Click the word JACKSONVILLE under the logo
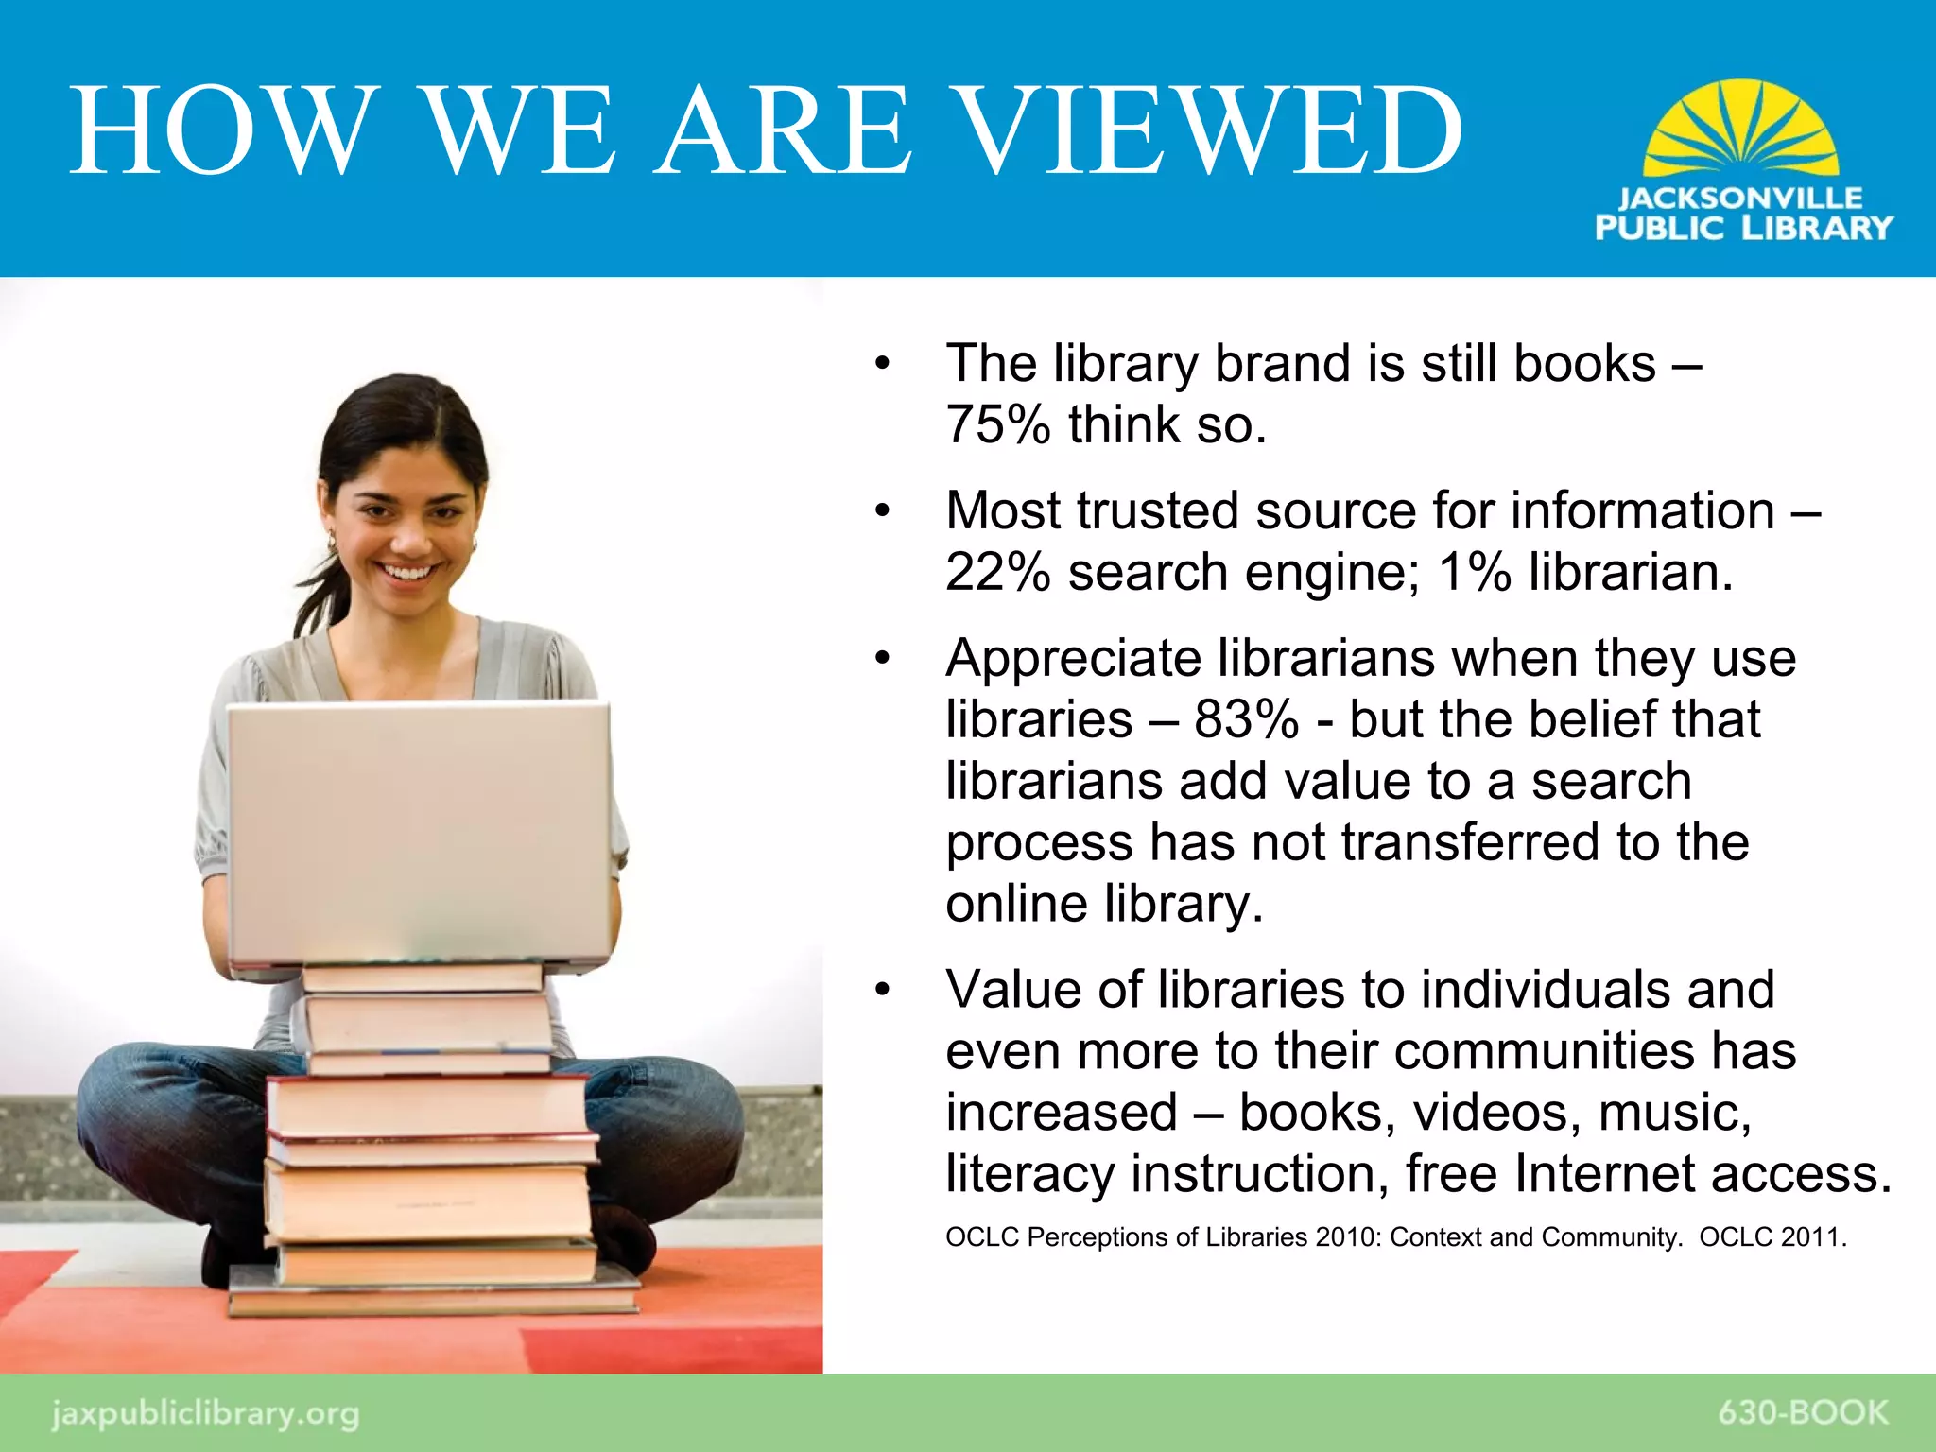coord(1740,198)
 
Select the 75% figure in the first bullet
coord(997,424)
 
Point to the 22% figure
coord(997,572)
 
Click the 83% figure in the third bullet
coord(1246,719)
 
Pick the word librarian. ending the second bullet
coord(1631,572)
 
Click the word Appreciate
coord(1073,658)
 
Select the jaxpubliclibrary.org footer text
coord(205,1413)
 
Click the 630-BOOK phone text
coord(1803,1412)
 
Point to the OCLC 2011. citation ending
coord(1772,1236)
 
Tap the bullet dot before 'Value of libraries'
coord(883,990)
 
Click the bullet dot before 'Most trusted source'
coord(883,511)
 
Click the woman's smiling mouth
coord(406,572)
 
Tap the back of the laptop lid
coord(419,832)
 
